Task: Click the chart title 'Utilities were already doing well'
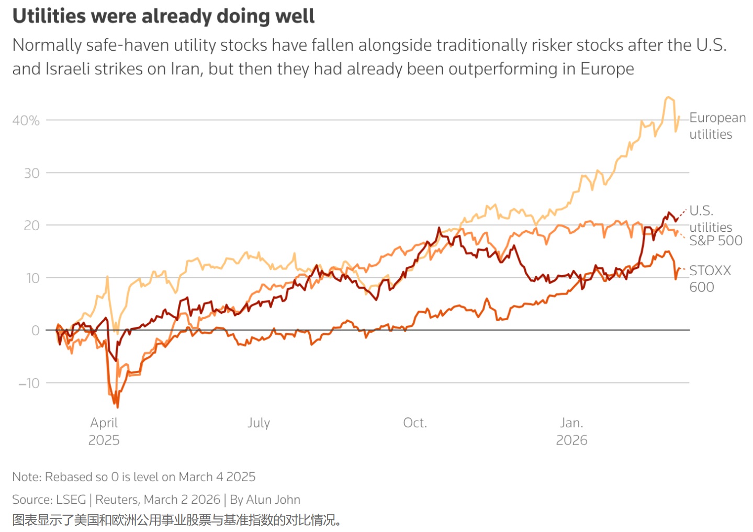[163, 16]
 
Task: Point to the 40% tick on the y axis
[26, 120]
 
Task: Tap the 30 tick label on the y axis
[31, 174]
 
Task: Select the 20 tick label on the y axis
[31, 225]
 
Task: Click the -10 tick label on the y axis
[29, 383]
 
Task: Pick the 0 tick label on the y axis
[35, 331]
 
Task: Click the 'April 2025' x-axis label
[104, 432]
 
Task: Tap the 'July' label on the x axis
[259, 423]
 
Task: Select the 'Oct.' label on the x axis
[415, 423]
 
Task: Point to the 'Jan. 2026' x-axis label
[571, 432]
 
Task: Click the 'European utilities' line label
[717, 126]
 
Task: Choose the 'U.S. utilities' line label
[711, 219]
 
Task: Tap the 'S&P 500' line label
[716, 241]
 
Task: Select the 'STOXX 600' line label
[710, 279]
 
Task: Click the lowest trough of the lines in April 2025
[117, 408]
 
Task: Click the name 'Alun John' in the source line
[273, 500]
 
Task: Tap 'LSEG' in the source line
[71, 500]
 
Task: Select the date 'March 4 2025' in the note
[217, 477]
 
